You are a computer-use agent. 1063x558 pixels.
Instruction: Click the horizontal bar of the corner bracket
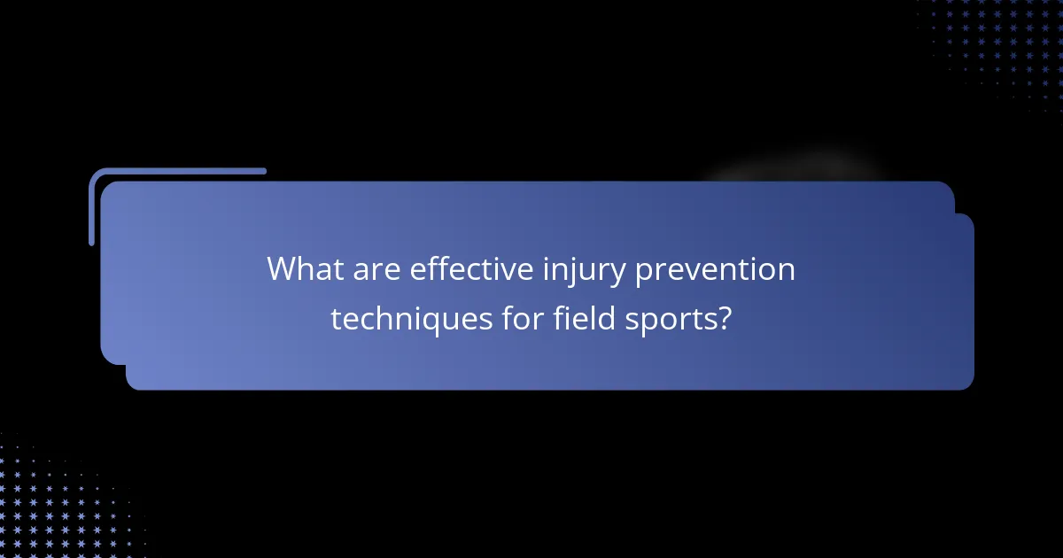pyautogui.click(x=177, y=171)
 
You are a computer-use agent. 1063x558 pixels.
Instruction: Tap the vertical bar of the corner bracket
pyautogui.click(x=92, y=208)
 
